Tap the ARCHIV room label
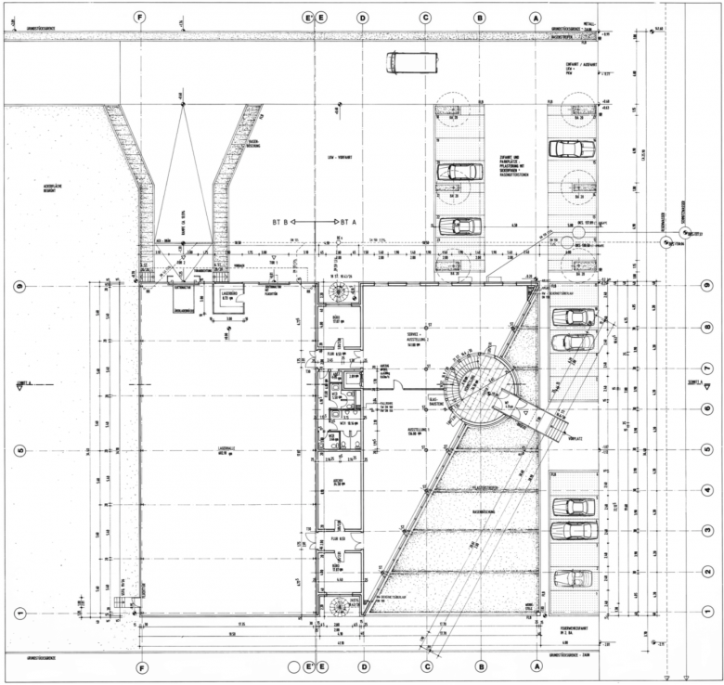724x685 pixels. coord(339,482)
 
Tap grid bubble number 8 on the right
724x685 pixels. coord(707,327)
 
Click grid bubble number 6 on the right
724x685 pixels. coord(707,407)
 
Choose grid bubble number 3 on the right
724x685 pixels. coord(707,530)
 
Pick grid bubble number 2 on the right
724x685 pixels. coord(707,572)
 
